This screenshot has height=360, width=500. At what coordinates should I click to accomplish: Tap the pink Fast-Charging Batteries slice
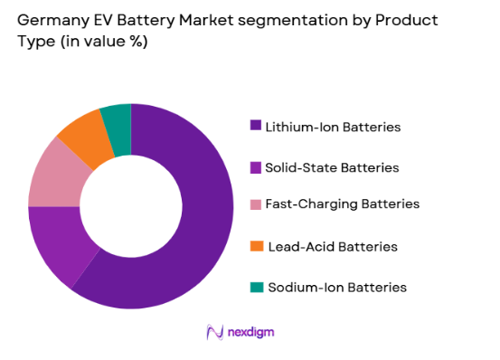coord(53,174)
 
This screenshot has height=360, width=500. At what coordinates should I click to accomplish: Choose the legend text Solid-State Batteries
coord(332,167)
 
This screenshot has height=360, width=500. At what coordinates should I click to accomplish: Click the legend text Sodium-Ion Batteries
coord(335,287)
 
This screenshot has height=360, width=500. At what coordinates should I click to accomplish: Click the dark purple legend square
coord(257,127)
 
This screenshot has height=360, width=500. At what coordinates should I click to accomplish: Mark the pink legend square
coord(257,204)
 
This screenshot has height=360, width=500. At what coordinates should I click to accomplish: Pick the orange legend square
coord(257,246)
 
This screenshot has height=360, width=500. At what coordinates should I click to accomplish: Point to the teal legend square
coord(257,287)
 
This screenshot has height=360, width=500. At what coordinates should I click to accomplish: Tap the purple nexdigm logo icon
coord(215,332)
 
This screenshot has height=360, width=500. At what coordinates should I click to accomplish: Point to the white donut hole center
coord(130,206)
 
